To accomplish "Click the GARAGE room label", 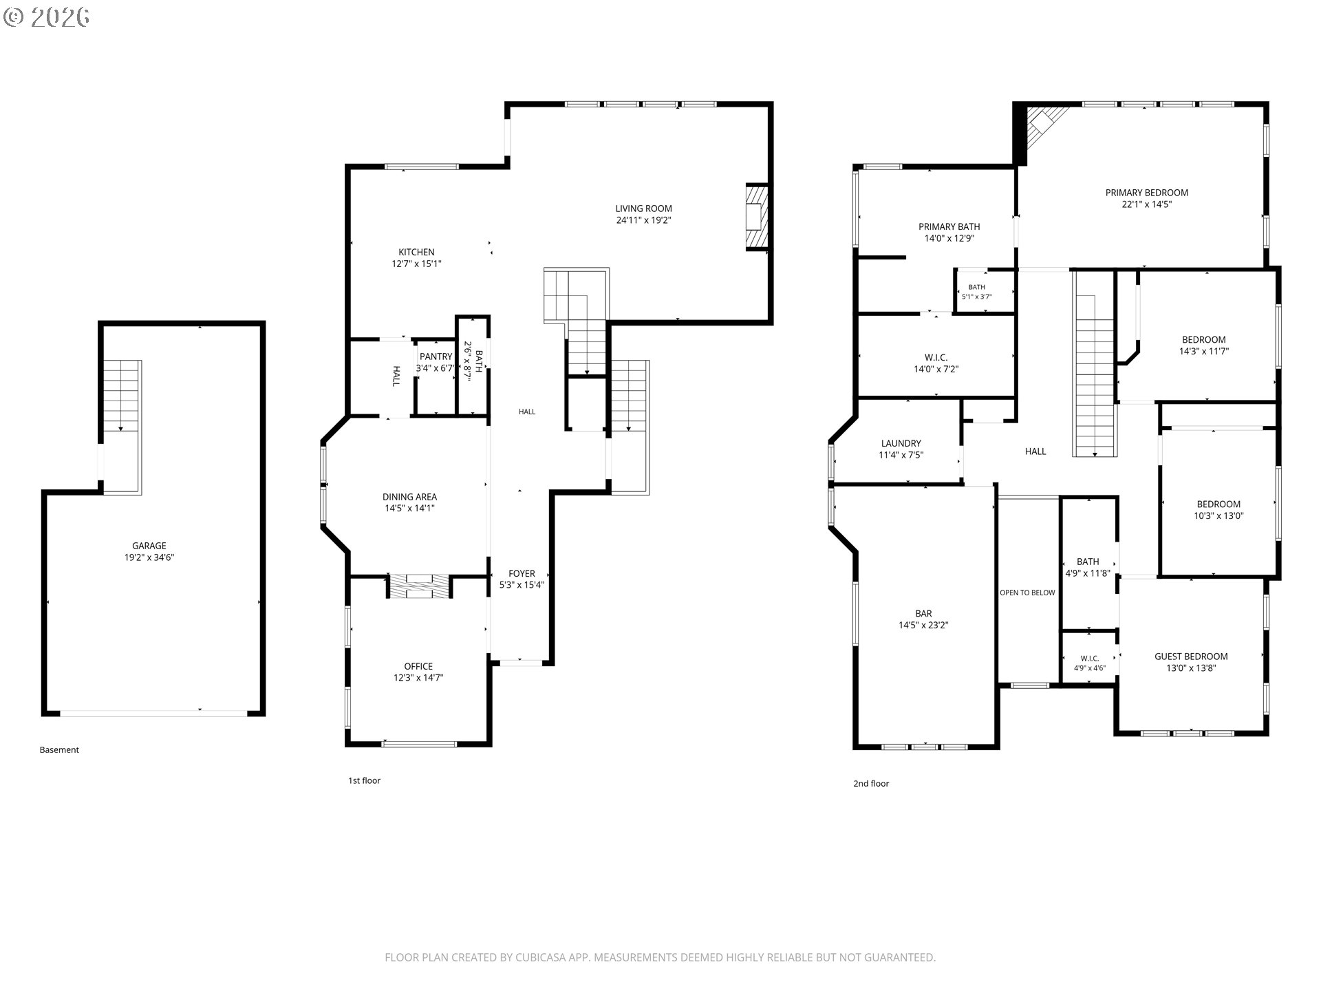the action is (149, 546).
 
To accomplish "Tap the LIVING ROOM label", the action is (643, 209).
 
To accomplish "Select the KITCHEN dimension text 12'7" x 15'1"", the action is (416, 264).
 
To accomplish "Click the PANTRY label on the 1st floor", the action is (436, 356).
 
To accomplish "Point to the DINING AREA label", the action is (409, 497).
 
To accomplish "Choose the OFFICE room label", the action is (418, 666).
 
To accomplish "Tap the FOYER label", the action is (522, 573).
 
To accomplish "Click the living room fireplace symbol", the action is (756, 217).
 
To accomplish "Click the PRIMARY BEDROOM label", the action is (1147, 193).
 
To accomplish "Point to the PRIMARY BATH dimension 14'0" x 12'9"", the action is (949, 238).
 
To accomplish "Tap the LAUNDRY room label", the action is (901, 443).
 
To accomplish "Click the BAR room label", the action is (923, 613).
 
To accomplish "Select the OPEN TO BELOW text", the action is (1027, 593).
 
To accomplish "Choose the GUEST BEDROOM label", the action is (1191, 657).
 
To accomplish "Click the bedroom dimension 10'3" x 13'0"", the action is (1218, 515).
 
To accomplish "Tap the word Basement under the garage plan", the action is (59, 750).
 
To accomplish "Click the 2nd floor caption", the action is (871, 784).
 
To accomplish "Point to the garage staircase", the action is (122, 395).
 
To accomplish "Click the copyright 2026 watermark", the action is (46, 17).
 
